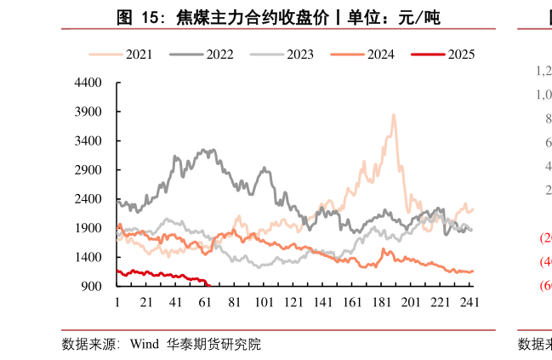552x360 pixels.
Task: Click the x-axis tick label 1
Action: click(x=117, y=302)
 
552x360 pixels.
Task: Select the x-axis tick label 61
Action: click(x=205, y=302)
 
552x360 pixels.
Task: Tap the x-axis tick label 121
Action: click(x=293, y=302)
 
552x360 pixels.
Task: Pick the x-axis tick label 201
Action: click(x=410, y=302)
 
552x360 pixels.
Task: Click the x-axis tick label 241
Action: click(x=469, y=302)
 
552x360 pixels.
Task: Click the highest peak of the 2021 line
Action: click(x=393, y=115)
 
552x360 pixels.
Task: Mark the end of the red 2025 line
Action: click(x=208, y=285)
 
